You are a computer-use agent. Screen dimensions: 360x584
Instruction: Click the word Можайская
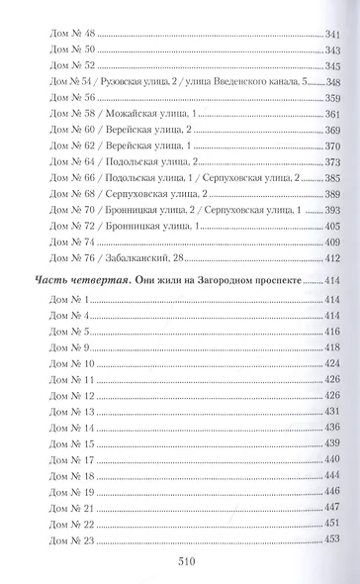coord(124,114)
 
